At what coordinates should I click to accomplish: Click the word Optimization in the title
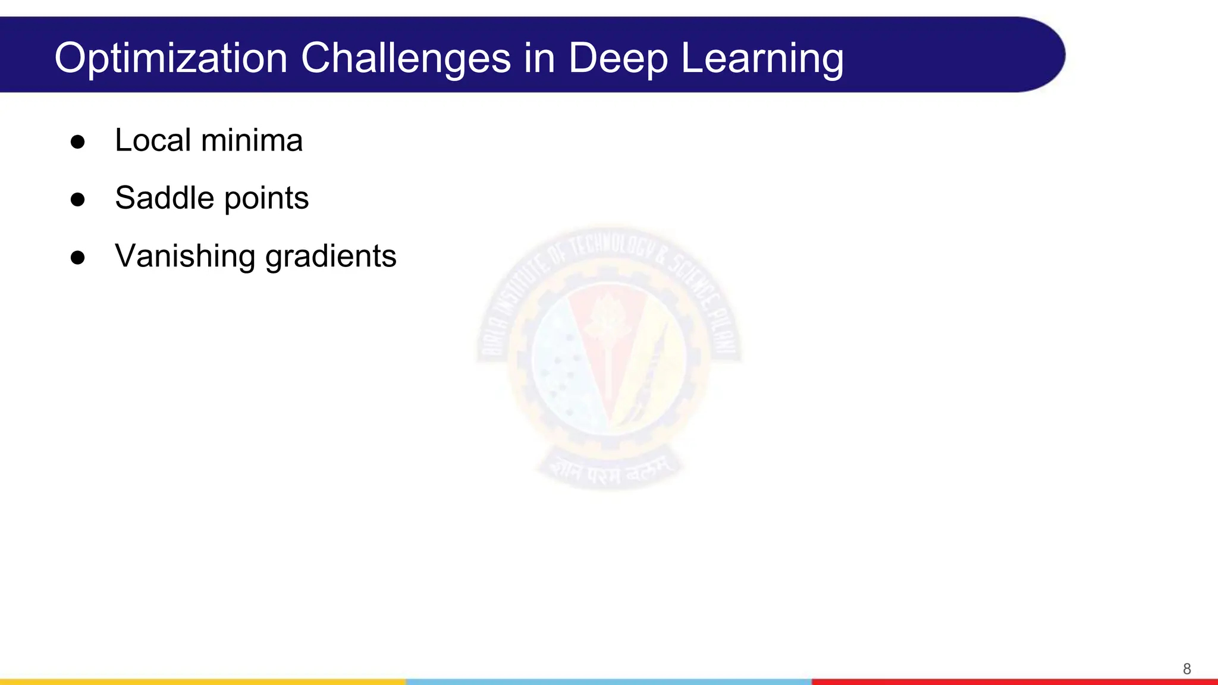tap(171, 58)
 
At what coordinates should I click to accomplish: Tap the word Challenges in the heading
tap(406, 58)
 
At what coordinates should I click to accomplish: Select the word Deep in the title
tap(618, 58)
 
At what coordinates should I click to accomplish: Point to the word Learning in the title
tap(762, 58)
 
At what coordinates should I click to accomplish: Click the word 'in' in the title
tap(539, 58)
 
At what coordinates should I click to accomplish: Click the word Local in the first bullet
tap(153, 140)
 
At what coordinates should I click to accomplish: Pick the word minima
tap(252, 140)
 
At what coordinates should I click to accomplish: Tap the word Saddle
tap(164, 198)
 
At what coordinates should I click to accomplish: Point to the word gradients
tap(331, 257)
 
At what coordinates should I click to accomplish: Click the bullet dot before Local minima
tap(77, 142)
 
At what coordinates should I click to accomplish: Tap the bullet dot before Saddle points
tap(77, 199)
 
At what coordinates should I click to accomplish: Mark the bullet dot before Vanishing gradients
tap(77, 257)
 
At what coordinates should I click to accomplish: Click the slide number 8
tap(1186, 669)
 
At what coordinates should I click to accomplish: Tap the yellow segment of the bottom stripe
tap(202, 681)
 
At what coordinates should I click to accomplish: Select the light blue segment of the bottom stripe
tap(609, 681)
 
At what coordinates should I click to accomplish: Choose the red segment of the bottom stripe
tap(1015, 681)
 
